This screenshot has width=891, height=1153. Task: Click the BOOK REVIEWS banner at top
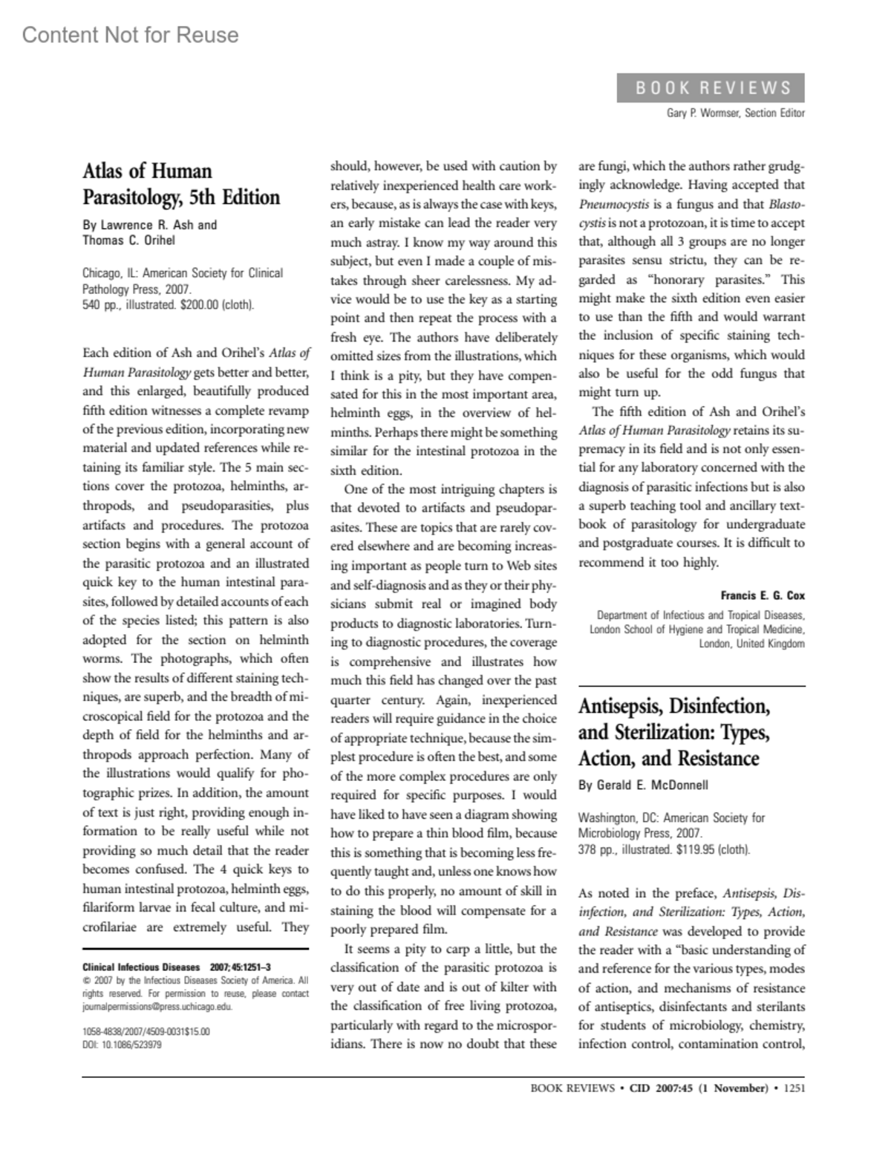pos(711,88)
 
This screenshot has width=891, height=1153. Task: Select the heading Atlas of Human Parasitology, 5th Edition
pos(181,184)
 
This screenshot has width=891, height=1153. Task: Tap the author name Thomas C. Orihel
pos(128,240)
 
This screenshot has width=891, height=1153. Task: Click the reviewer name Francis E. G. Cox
pos(762,595)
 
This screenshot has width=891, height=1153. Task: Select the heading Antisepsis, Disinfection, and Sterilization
pos(674,731)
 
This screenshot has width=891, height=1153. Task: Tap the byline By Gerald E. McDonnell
pos(643,785)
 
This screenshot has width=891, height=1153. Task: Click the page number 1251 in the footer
pos(794,1088)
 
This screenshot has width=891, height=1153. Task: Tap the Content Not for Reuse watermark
pos(131,35)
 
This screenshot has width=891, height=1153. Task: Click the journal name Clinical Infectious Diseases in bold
pos(141,967)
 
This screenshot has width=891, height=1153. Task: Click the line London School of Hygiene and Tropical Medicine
pos(696,630)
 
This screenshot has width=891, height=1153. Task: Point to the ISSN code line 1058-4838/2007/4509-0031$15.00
pos(146,1032)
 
